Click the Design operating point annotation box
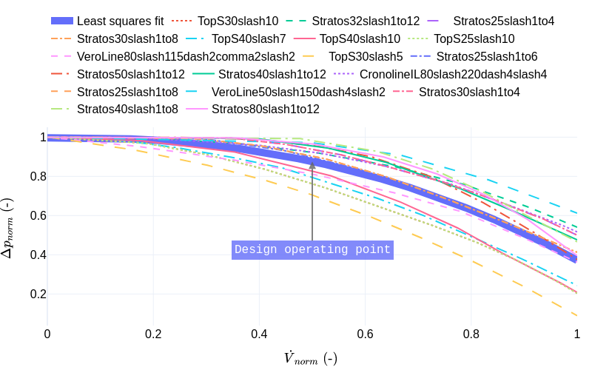pyautogui.click(x=312, y=250)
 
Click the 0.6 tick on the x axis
pyautogui.click(x=365, y=334)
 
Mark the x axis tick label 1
pyautogui.click(x=576, y=334)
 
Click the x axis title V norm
pyautogui.click(x=311, y=358)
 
